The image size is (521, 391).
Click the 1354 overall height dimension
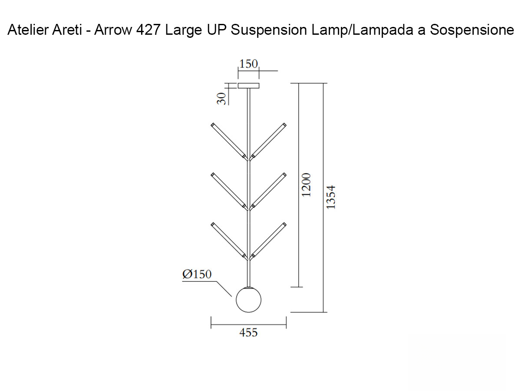point(331,198)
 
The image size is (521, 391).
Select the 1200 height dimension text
point(307,185)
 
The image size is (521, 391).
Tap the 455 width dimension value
point(248,333)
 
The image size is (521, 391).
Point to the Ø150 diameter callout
point(197,275)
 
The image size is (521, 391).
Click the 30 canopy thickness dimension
point(221,99)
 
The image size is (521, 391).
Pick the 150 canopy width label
point(248,64)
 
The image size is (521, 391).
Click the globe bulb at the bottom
point(248,300)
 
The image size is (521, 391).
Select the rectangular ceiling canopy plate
point(248,86)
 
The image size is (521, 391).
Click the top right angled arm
point(268,141)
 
